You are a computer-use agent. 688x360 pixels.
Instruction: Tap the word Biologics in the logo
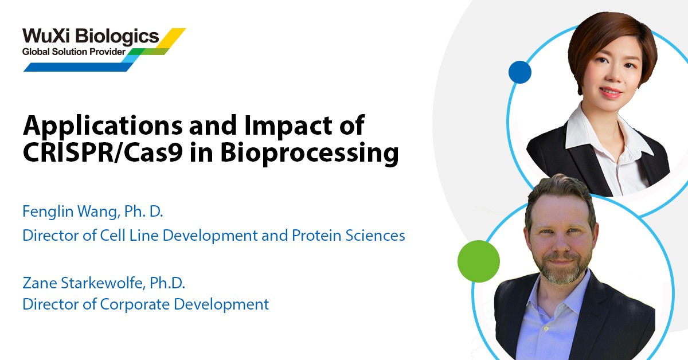[117, 37]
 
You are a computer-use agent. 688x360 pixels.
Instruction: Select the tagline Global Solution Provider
[74, 52]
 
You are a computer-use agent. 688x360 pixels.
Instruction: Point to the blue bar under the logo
[79, 67]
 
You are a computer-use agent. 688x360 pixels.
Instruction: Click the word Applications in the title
[103, 127]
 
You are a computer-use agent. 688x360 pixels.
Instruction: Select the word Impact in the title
[288, 127]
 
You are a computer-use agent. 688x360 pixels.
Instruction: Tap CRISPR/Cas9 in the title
[103, 152]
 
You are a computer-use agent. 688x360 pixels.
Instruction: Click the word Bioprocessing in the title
[309, 154]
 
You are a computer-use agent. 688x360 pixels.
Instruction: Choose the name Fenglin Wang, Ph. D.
[92, 212]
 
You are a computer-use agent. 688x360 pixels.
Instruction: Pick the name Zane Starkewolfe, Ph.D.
[104, 283]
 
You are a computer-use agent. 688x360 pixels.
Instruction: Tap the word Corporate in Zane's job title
[135, 304]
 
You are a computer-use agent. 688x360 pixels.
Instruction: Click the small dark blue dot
[519, 72]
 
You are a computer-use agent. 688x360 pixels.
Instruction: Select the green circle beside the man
[479, 261]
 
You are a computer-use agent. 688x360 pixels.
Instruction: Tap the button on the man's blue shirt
[546, 328]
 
